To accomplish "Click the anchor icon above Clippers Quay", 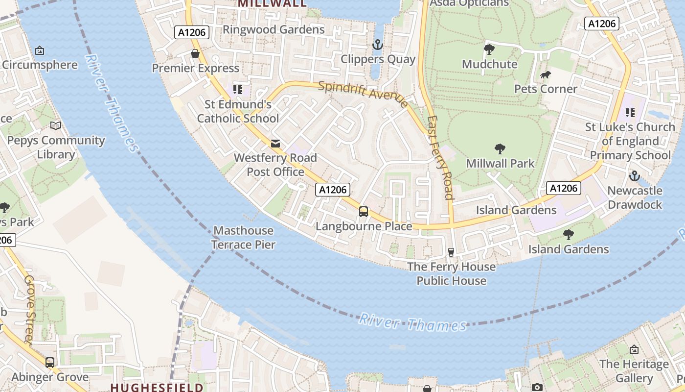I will click(x=377, y=45).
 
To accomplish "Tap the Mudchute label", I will click(x=489, y=64).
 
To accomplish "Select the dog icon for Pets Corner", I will click(x=546, y=75).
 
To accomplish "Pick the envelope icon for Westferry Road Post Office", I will click(x=275, y=144).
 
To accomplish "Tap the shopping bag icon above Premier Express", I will click(x=195, y=53).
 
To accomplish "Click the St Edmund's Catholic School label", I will click(x=238, y=111).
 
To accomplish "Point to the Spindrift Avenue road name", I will click(x=363, y=94).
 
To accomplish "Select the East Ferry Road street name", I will click(x=439, y=158).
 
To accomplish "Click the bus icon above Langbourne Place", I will click(x=364, y=212).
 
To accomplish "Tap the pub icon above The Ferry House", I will click(x=451, y=252).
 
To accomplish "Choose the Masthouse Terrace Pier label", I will click(x=243, y=237).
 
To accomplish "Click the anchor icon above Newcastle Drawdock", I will click(x=635, y=176).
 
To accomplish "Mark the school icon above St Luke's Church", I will click(x=630, y=113).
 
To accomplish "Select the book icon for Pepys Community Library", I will click(x=56, y=126).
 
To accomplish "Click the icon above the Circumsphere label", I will click(x=40, y=50).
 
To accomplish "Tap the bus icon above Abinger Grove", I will click(x=50, y=363).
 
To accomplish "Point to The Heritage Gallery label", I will click(x=634, y=371).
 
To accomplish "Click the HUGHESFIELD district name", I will click(x=157, y=387).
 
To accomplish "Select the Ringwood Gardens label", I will click(x=274, y=29).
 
